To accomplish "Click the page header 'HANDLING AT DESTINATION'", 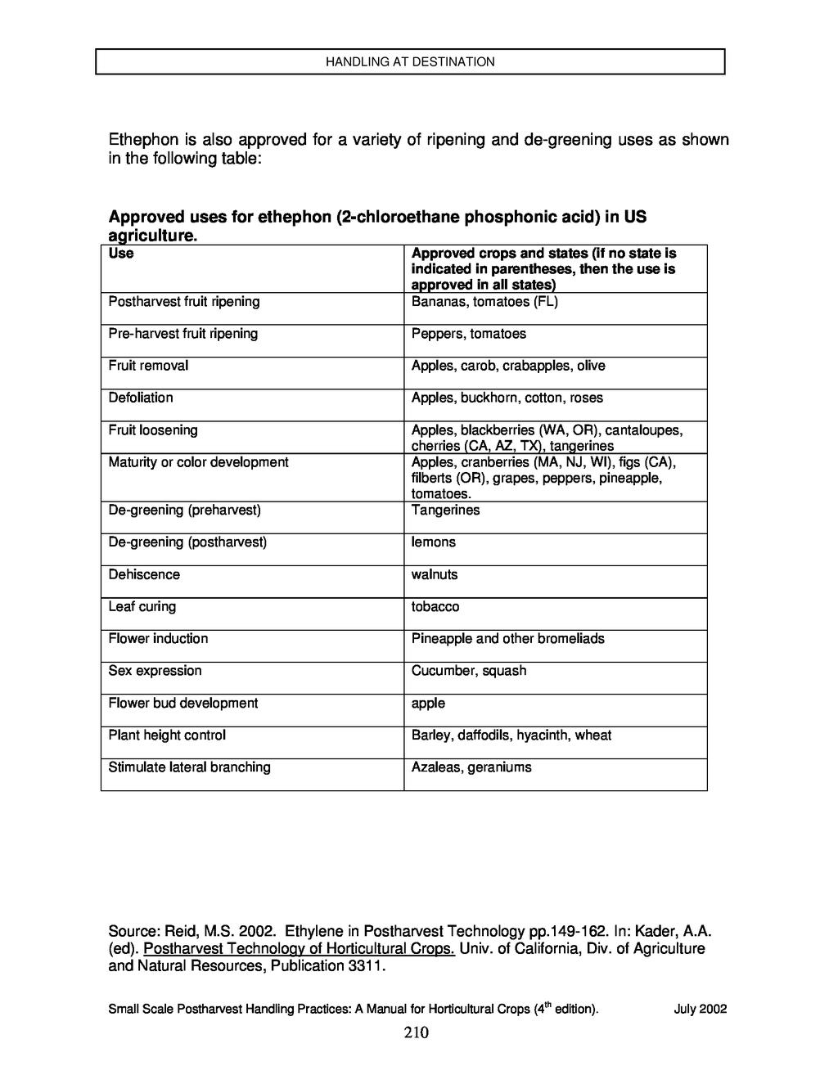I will click(x=410, y=61).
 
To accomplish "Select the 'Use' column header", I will click(x=121, y=254).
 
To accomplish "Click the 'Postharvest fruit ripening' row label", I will click(x=184, y=302).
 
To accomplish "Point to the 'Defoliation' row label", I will click(x=141, y=398).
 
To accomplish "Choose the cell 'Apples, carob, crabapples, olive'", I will click(x=508, y=366).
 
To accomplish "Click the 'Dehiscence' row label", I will click(x=144, y=574).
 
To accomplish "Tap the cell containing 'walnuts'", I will click(x=435, y=574).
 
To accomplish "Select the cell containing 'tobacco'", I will click(x=435, y=607).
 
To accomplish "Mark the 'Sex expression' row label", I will click(x=155, y=671).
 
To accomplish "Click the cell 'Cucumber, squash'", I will click(x=469, y=671).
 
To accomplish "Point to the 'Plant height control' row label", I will click(x=167, y=735).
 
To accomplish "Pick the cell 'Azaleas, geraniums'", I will click(x=471, y=767).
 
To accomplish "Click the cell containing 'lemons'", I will click(x=434, y=542).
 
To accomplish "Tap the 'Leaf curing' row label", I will click(x=142, y=607).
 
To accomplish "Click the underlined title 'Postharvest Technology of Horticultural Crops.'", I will click(x=299, y=949).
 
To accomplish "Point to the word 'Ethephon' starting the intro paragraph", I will click(x=142, y=140).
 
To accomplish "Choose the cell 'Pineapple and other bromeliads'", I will click(x=508, y=639).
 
